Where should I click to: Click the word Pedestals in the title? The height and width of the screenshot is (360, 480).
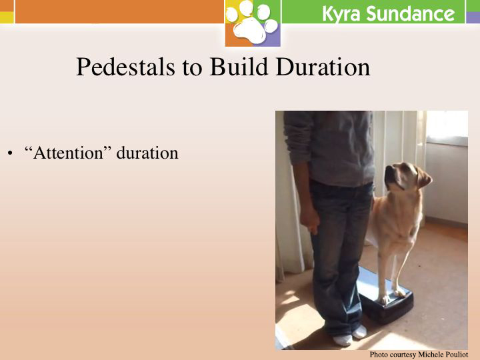coord(126,67)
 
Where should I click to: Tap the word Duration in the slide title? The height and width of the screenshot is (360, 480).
coord(323,67)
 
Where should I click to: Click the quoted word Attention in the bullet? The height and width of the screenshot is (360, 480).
coord(67,153)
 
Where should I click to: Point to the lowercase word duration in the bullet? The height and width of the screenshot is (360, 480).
coord(147,153)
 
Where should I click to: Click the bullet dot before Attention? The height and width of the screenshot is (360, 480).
coord(11,153)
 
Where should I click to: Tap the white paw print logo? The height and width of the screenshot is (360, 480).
coord(253,23)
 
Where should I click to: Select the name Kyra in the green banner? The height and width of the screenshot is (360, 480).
coord(341,14)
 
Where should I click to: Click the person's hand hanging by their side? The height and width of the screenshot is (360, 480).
coord(310,220)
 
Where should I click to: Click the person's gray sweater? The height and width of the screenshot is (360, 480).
coord(329,147)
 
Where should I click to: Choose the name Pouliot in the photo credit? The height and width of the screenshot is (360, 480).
coord(456,355)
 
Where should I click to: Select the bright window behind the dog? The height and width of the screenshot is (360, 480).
coord(447,127)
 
